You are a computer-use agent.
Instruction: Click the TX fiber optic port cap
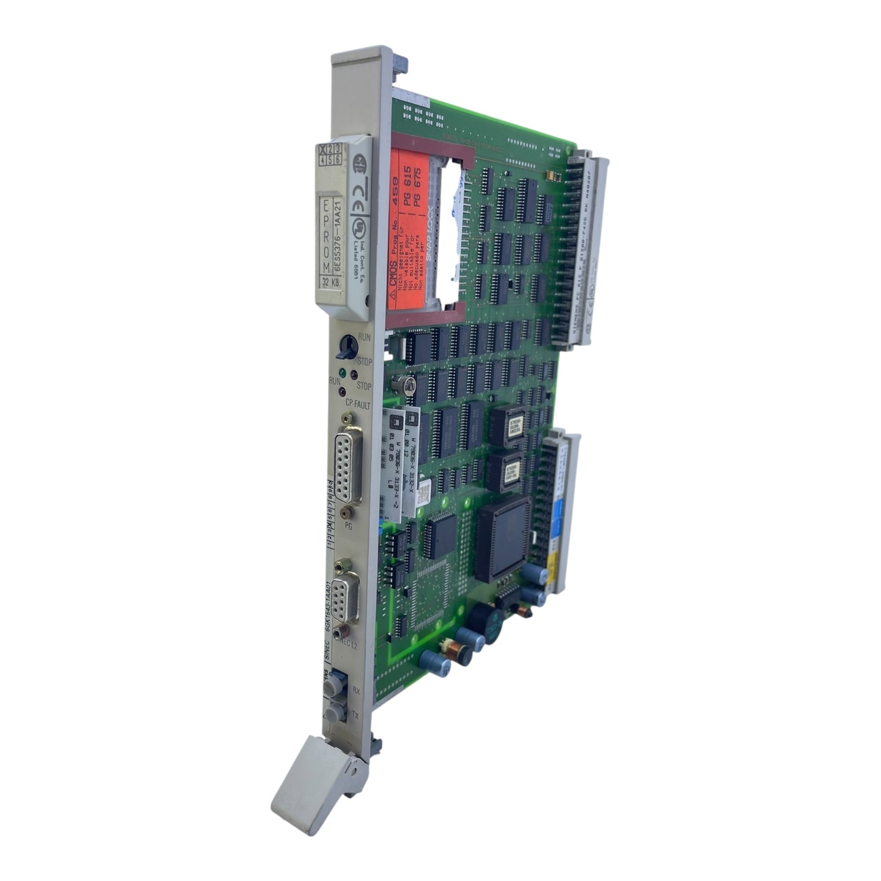[334, 711]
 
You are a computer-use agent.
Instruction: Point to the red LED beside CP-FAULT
[341, 392]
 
